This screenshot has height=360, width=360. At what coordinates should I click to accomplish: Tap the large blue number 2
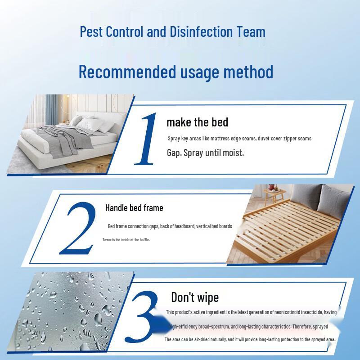coord(78,228)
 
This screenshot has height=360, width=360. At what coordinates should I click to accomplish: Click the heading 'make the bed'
coord(197,122)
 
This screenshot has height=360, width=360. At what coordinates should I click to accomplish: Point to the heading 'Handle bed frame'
coord(134,208)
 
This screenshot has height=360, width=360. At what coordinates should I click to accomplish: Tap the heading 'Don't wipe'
coord(195,297)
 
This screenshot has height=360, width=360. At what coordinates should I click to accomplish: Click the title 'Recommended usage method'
coord(176,72)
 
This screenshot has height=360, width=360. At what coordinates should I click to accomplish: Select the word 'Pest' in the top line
coord(90,32)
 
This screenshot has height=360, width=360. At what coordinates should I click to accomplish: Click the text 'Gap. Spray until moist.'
coord(205,153)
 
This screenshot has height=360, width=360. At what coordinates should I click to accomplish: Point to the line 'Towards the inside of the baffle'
coord(126,240)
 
